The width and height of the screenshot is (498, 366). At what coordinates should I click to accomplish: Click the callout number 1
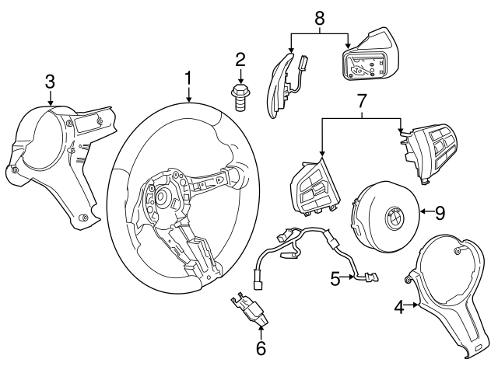tap(189, 78)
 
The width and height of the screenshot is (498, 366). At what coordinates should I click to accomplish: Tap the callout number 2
tap(240, 59)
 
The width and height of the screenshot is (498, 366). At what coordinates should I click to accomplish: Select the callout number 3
tap(49, 80)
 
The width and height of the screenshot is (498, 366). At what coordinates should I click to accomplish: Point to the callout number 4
tap(399, 307)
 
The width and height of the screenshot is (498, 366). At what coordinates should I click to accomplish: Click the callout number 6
tap(260, 348)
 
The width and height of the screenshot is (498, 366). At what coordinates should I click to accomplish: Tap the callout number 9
tap(440, 211)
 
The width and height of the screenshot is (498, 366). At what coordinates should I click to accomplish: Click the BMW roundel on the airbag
tap(393, 218)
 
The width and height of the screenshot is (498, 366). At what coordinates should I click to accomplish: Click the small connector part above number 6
tap(249, 311)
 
